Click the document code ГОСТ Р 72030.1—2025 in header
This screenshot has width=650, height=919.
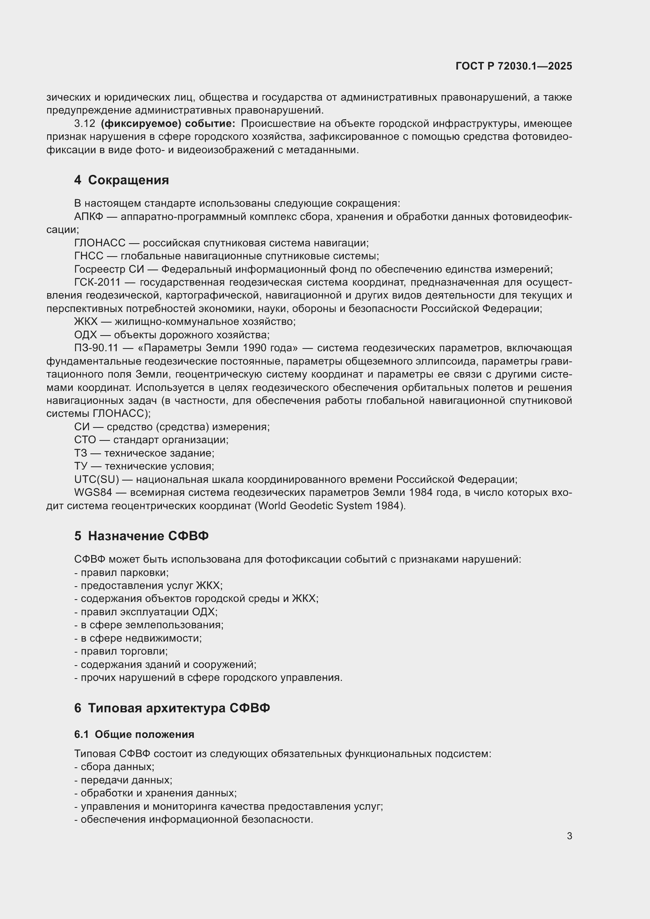coord(514,66)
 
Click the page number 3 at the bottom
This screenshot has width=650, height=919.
coord(569,836)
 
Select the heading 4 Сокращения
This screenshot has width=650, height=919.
coord(121,180)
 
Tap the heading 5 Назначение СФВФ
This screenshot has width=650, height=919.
coord(141,536)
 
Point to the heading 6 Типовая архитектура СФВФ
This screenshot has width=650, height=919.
coord(172,708)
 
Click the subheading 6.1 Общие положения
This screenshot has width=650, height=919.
coord(134,734)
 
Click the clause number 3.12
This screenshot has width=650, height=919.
coord(84,124)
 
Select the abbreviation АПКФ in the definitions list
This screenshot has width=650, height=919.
coord(88,216)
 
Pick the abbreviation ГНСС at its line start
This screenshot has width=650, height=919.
coord(88,256)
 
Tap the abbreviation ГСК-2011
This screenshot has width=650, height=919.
coord(97,282)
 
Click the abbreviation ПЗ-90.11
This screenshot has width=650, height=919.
coord(96,348)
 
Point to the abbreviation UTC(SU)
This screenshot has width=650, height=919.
coord(96,479)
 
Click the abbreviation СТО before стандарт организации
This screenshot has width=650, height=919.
coord(85,440)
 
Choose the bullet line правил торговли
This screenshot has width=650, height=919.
coord(121,651)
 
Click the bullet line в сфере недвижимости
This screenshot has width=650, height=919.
coord(138,638)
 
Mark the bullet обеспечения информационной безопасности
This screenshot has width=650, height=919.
coord(194,819)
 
